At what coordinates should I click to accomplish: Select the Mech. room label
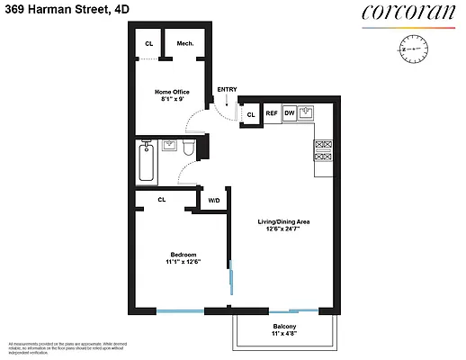point(185,43)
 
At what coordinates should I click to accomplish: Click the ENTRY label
point(227,90)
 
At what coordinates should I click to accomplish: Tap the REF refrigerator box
point(271,114)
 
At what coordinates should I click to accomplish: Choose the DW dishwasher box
point(290,114)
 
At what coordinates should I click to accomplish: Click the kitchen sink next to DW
point(308,113)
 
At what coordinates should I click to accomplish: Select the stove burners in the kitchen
point(324,152)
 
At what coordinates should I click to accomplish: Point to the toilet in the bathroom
point(189,147)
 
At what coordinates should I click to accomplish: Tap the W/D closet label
point(214,200)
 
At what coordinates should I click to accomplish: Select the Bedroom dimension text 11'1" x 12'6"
point(183,262)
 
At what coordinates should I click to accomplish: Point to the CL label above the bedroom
point(162,200)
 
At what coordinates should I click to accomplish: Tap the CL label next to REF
point(250,114)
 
